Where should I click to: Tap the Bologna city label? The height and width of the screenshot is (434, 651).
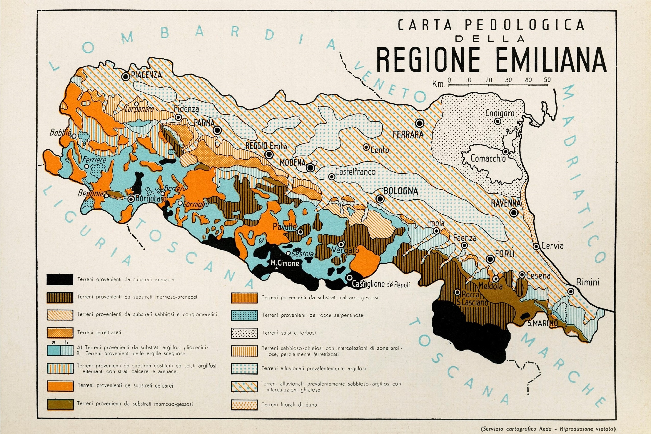click(x=401, y=191)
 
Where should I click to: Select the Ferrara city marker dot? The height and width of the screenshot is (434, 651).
click(x=420, y=123)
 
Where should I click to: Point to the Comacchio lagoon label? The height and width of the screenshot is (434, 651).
click(x=488, y=158)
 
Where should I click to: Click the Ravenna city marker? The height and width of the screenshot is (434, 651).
click(x=514, y=213)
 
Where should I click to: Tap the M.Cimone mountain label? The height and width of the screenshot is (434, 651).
click(x=285, y=263)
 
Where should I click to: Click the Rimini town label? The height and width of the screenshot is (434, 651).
click(x=588, y=282)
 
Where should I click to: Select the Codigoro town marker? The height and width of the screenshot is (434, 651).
click(x=498, y=121)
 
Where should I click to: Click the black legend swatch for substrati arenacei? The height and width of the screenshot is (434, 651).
click(x=60, y=280)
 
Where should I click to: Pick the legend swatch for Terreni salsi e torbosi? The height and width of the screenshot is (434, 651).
click(x=244, y=333)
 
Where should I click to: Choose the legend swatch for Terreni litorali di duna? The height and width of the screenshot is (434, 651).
click(x=244, y=405)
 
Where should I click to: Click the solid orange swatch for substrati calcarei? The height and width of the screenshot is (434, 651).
click(x=60, y=386)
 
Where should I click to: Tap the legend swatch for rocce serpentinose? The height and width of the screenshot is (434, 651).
click(x=244, y=315)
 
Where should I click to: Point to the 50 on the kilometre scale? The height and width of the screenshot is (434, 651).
click(x=547, y=80)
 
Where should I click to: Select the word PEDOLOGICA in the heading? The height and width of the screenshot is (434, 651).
click(x=525, y=25)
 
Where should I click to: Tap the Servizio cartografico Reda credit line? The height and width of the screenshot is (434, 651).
click(x=548, y=429)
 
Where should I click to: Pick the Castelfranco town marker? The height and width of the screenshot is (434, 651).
click(x=331, y=177)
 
